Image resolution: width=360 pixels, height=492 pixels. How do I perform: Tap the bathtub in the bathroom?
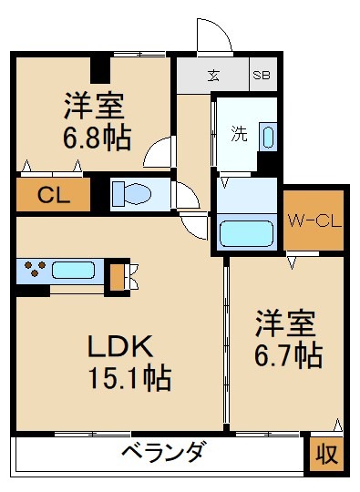246,233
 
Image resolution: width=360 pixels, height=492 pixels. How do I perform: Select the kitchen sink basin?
74,271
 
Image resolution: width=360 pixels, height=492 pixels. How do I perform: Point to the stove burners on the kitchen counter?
35,268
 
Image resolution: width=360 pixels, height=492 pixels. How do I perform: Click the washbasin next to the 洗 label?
268,137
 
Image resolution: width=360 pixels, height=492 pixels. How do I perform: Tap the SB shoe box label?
262,75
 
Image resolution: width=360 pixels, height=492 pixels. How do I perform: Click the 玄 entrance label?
213,75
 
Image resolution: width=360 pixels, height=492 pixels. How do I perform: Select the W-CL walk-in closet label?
314,221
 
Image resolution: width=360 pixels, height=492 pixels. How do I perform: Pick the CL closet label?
54,195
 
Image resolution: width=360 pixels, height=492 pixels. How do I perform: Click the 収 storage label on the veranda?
326,454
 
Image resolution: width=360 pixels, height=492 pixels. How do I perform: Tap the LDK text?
121,346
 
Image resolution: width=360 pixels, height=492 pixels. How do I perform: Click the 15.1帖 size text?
130,377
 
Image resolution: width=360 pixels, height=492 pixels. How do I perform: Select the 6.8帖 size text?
97,138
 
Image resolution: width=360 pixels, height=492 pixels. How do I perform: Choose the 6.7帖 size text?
288,356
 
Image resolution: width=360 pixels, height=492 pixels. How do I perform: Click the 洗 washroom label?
239,134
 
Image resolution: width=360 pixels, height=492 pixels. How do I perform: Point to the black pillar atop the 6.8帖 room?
100,70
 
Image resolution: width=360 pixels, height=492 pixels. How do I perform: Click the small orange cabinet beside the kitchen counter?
117,277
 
